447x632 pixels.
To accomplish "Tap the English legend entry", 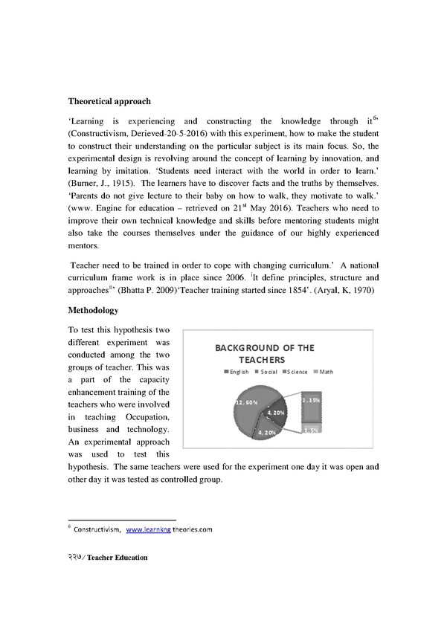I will pos(236,372).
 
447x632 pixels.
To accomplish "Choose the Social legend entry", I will pos(266,372).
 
